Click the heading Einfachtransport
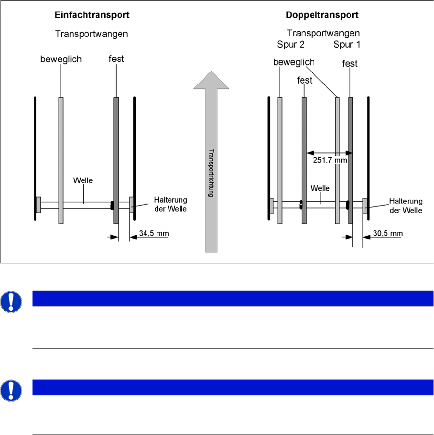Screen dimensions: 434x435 click(92, 15)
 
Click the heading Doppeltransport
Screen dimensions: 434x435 click(322, 15)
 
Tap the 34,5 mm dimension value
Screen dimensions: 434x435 click(154, 233)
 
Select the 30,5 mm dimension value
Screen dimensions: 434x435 click(388, 233)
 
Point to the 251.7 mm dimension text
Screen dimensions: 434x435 click(330, 160)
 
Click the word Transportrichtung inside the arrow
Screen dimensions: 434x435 click(211, 173)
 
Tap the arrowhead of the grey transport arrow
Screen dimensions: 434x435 click(211, 80)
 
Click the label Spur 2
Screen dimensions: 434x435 click(291, 44)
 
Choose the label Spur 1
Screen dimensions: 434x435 click(347, 44)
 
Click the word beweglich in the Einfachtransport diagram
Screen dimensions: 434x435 click(61, 59)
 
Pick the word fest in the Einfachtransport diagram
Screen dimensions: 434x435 click(116, 59)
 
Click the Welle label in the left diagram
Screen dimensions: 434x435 click(83, 180)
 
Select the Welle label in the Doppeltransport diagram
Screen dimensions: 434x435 click(320, 188)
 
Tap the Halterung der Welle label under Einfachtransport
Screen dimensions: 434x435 click(171, 204)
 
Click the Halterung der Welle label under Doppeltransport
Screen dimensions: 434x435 click(406, 206)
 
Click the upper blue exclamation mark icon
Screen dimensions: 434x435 click(11, 302)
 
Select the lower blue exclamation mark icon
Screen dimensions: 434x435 click(11, 391)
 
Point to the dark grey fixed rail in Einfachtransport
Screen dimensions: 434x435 click(116, 160)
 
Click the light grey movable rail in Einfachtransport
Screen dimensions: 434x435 click(61, 160)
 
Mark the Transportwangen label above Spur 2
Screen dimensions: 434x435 click(324, 33)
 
